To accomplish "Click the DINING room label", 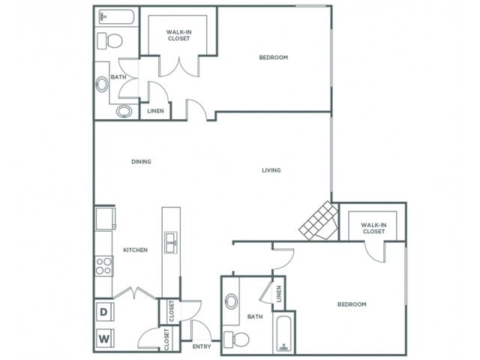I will pos(141,161).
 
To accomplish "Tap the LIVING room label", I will pos(271,170).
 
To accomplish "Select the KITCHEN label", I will pos(135,250).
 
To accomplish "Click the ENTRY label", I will pos(202,346).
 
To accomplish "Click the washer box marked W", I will pos(103,338).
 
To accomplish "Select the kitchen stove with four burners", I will pos(103,267).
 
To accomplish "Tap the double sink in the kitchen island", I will pos(172,242).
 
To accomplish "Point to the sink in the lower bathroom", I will pos(231,301).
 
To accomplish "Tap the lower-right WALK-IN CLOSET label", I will pos(373,228).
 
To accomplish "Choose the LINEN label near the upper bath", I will pos(155,111).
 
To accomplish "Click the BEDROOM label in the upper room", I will pos(274,58).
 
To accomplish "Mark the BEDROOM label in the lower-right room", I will pos(351,304).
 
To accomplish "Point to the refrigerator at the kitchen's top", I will pos(104,218).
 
